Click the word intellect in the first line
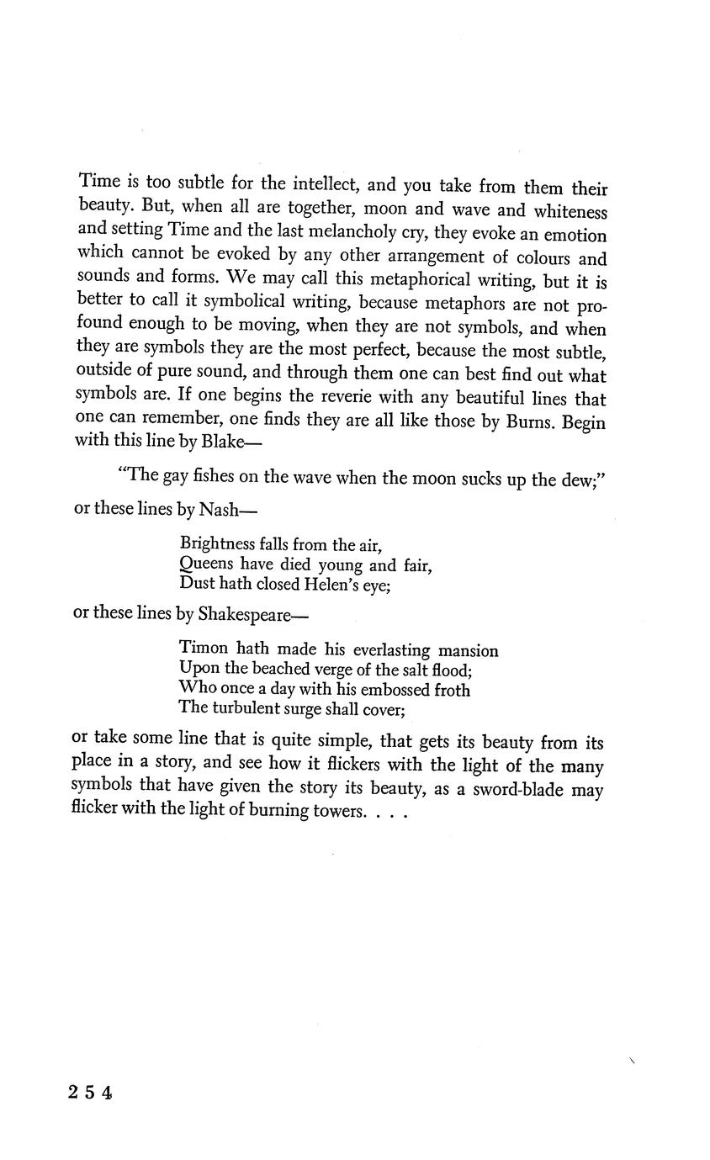[x=330, y=183]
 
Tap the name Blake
[x=222, y=441]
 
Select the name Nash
[x=220, y=510]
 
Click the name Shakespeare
[x=244, y=614]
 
